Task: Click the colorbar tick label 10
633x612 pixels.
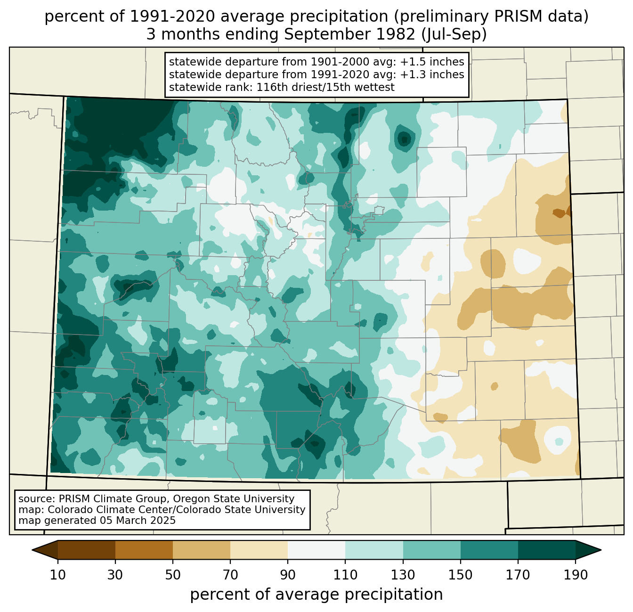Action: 57,575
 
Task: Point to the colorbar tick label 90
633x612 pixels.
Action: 288,575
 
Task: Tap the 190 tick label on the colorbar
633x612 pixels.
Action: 575,575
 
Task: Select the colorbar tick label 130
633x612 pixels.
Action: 403,575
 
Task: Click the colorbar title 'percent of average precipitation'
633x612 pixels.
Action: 316,595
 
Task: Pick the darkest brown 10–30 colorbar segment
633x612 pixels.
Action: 87,550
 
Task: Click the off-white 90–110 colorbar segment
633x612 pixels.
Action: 316,550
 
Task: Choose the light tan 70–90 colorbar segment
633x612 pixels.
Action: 259,550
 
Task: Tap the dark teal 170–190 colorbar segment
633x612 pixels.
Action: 546,550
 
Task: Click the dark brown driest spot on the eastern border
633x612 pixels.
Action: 559,212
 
